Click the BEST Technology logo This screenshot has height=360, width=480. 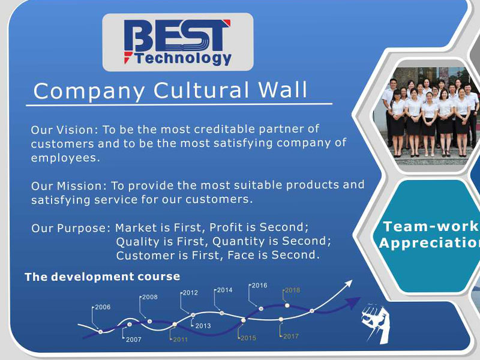pos(178,42)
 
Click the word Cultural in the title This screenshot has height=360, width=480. pos(201,91)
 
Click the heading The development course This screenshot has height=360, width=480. pos(102,277)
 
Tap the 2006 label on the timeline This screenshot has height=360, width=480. pos(103,307)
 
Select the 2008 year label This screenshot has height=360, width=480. pos(149,297)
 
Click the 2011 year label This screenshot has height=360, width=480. pos(181,339)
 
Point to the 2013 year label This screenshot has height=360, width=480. pos(203,326)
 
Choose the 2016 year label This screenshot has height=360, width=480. pos(259,286)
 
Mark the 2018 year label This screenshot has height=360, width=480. pos(292,290)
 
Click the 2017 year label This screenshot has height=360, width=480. pos(291,336)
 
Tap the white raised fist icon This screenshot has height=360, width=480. pos(376,323)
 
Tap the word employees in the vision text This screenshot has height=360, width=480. pos(65,158)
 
